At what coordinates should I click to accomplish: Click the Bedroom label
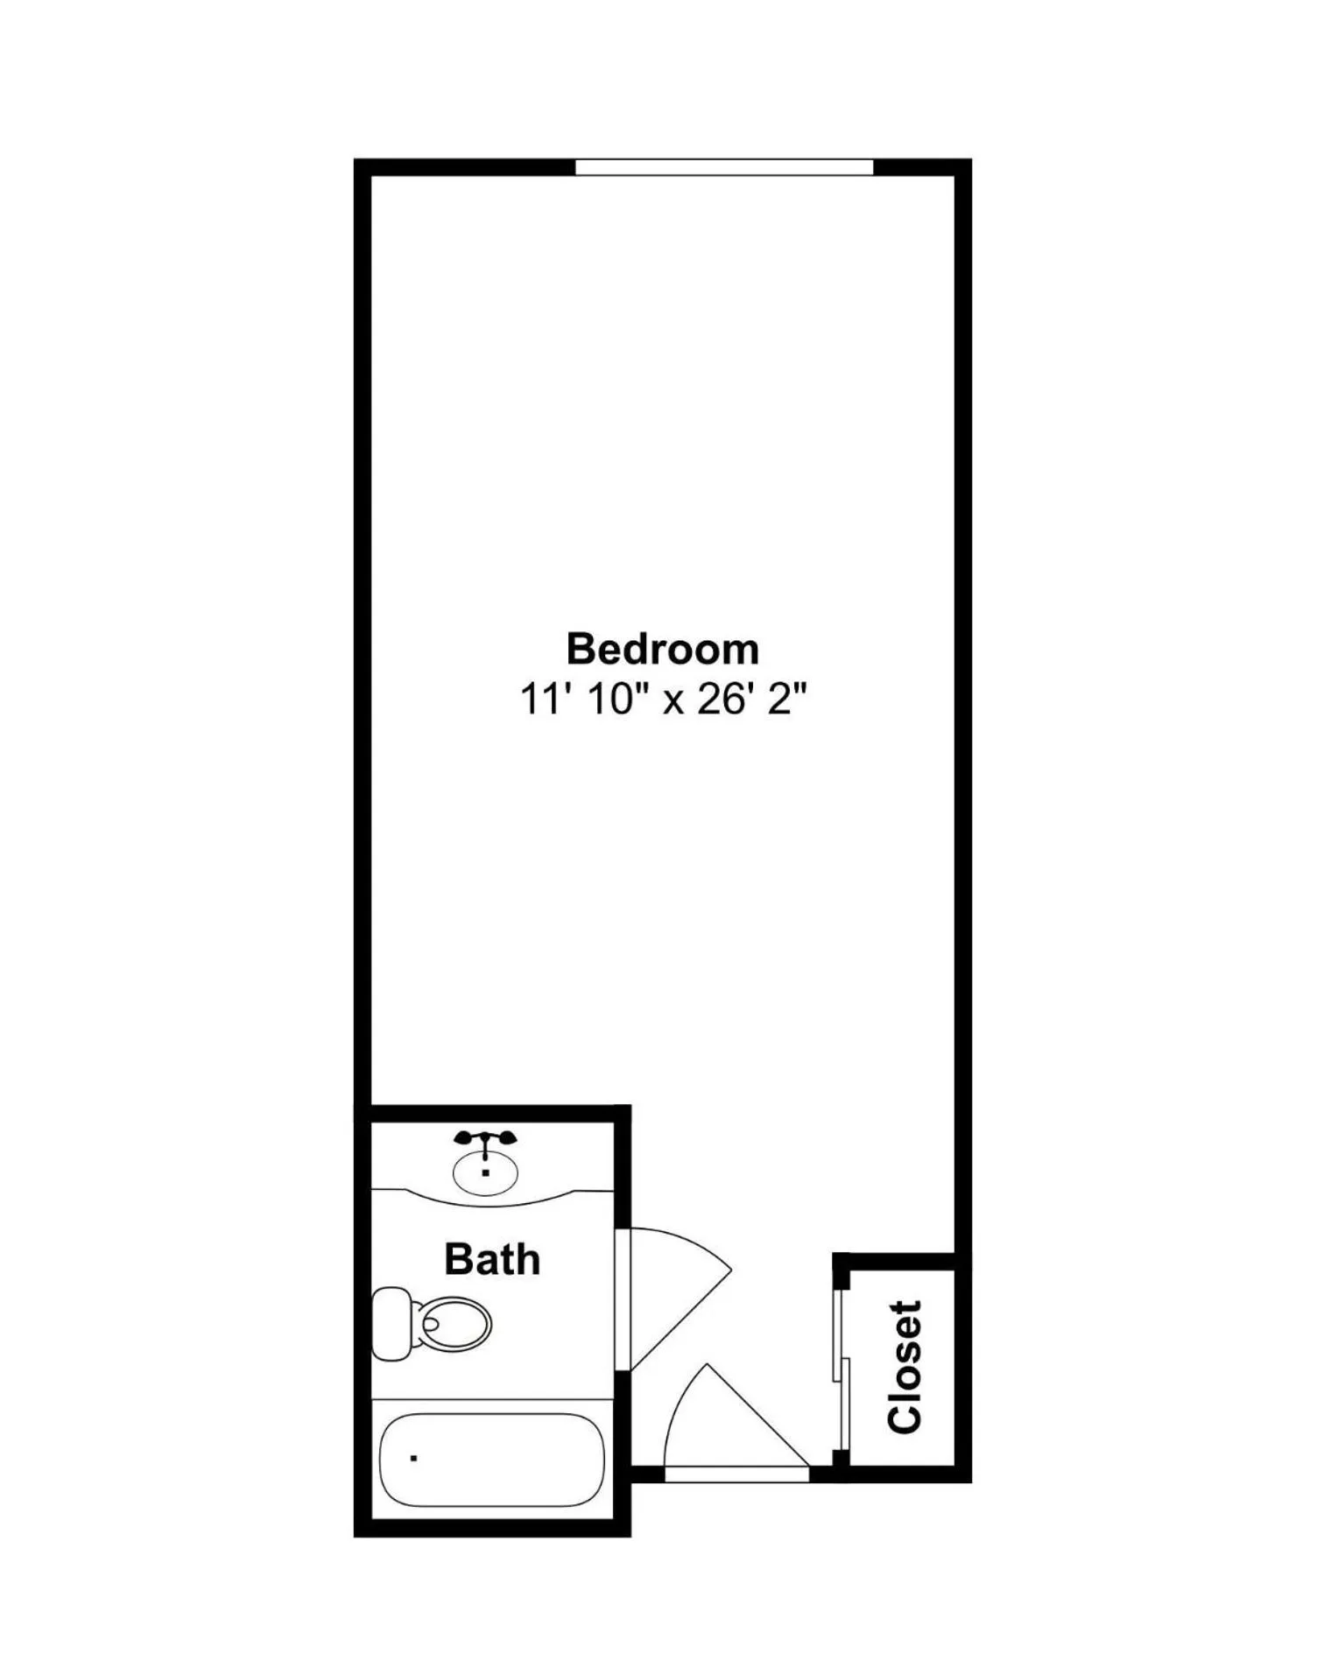pyautogui.click(x=662, y=650)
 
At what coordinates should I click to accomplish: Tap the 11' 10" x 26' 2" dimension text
pyautogui.click(x=662, y=700)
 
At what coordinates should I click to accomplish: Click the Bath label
pyautogui.click(x=492, y=1259)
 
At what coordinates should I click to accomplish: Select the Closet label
pyautogui.click(x=905, y=1367)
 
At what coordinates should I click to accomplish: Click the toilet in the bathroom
pyautogui.click(x=433, y=1322)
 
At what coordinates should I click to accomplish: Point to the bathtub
pyautogui.click(x=491, y=1460)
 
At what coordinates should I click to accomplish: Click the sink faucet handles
pyautogui.click(x=485, y=1138)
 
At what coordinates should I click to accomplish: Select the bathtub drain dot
pyautogui.click(x=413, y=1459)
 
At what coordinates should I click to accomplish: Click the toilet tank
pyautogui.click(x=391, y=1322)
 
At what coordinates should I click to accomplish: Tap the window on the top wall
pyautogui.click(x=724, y=167)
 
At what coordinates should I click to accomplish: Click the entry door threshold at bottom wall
pyautogui.click(x=736, y=1474)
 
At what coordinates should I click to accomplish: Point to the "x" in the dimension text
pyautogui.click(x=673, y=701)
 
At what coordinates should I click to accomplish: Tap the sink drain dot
pyautogui.click(x=485, y=1172)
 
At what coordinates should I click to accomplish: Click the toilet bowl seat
pyautogui.click(x=454, y=1322)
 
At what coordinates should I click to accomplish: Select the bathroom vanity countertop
pyautogui.click(x=491, y=1196)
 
